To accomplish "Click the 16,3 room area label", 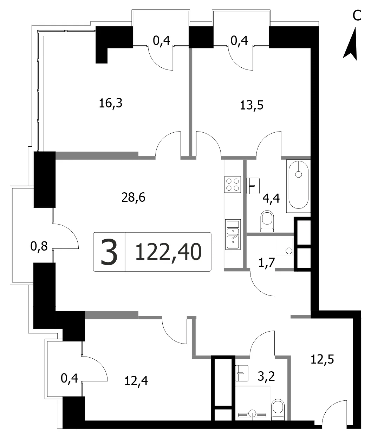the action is (x=111, y=104).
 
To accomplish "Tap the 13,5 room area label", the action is (x=252, y=105).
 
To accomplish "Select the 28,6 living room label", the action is (x=133, y=198).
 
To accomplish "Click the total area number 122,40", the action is (x=168, y=252).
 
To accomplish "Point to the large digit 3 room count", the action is (x=109, y=252).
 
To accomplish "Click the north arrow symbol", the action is (x=350, y=44).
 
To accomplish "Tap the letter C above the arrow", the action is (x=357, y=15).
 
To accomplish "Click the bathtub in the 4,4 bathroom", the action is (x=298, y=186).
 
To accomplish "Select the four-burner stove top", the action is (x=233, y=184).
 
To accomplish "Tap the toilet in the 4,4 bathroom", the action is (x=267, y=221).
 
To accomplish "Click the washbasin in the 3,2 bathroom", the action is (x=242, y=373).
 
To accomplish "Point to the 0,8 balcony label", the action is (x=39, y=246).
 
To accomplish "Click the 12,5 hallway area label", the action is (x=322, y=360).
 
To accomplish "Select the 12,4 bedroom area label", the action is (x=136, y=381).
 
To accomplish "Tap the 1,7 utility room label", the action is (x=267, y=262).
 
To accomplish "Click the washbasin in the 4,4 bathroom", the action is (x=253, y=186).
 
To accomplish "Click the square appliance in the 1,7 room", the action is (x=284, y=246).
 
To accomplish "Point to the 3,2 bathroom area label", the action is (x=266, y=376).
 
